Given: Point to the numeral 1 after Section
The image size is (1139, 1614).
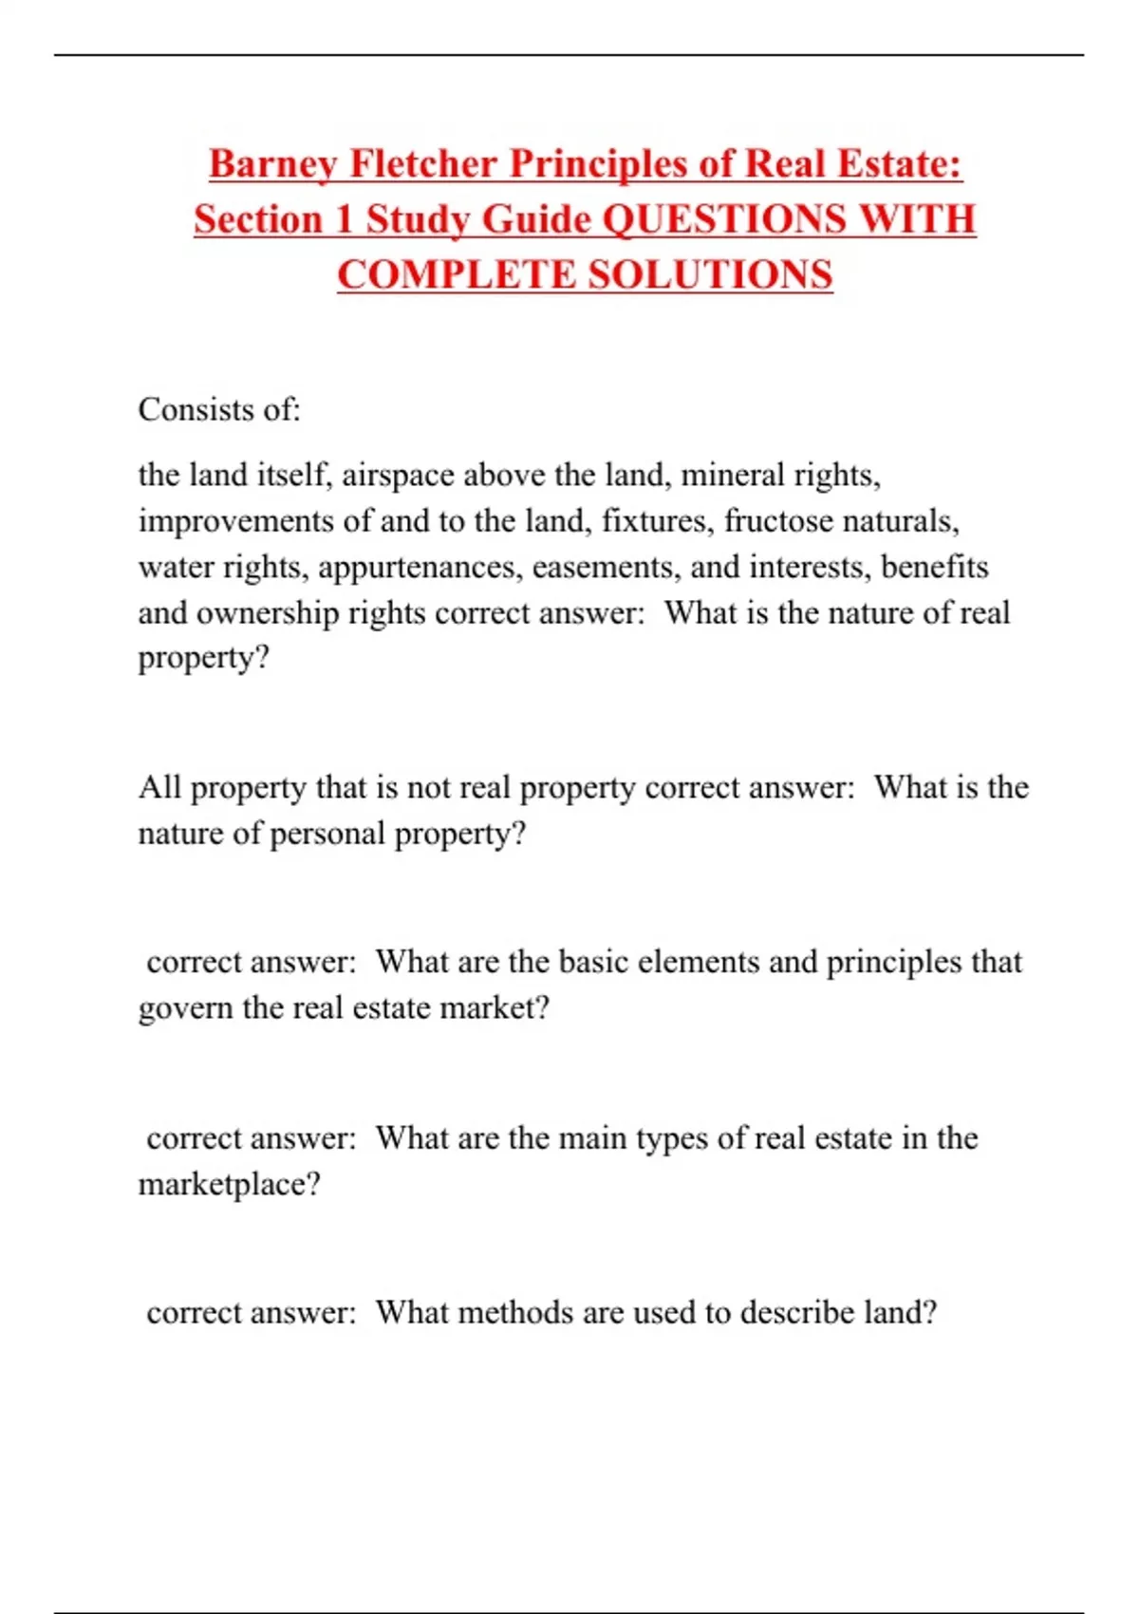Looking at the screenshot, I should point(343,219).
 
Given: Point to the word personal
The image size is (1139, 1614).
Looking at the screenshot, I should point(327,834).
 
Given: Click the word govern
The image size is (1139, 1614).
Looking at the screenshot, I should point(185,1007).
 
